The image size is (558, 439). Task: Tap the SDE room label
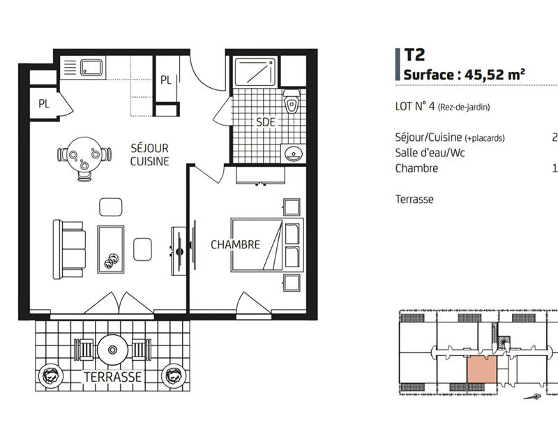pyautogui.click(x=265, y=122)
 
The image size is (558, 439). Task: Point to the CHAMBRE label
pyautogui.click(x=235, y=245)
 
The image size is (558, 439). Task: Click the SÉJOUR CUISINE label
pyautogui.click(x=150, y=155)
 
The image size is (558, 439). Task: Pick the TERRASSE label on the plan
pyautogui.click(x=112, y=378)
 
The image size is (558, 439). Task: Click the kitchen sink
pyautogui.click(x=91, y=68)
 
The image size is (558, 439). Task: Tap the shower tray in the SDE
pyautogui.click(x=255, y=73)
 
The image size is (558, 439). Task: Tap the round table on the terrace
pyautogui.click(x=112, y=348)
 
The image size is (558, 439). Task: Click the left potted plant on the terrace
pyautogui.click(x=50, y=375)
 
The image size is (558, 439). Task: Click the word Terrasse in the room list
pyautogui.click(x=414, y=200)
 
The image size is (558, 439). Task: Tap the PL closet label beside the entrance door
pyautogui.click(x=165, y=80)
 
